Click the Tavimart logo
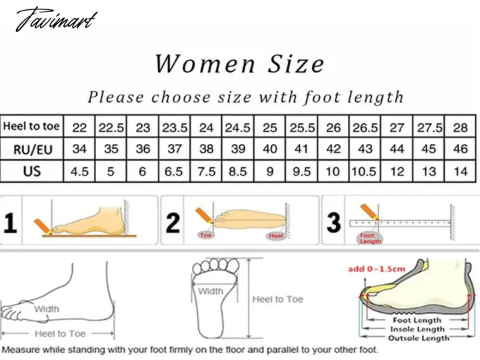[56, 19]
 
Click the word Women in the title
[205, 64]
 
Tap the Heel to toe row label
[31, 126]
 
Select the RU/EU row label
[33, 150]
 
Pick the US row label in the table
[32, 171]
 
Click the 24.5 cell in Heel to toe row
[238, 127]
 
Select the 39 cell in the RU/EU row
[238, 149]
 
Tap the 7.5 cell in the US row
[206, 171]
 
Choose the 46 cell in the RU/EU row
[461, 149]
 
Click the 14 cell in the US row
[461, 171]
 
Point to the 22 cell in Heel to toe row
[79, 127]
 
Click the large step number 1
[10, 223]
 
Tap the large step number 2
[173, 223]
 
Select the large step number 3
[334, 222]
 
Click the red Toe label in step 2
[205, 235]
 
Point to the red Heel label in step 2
[275, 235]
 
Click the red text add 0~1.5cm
[377, 269]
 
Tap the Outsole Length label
[419, 338]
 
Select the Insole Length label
[417, 329]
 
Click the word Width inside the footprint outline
[211, 291]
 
